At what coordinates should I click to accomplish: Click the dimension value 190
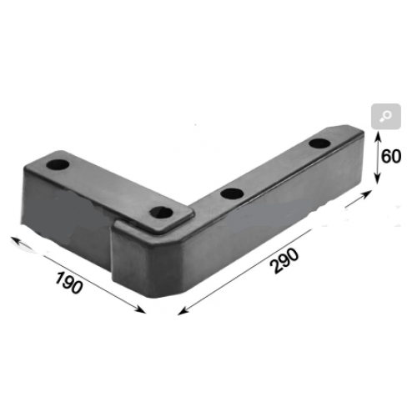pyautogui.click(x=69, y=283)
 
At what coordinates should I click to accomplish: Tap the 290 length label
pyautogui.click(x=285, y=261)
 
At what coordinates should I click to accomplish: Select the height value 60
pyautogui.click(x=391, y=156)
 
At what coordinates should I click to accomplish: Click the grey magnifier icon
pyautogui.click(x=386, y=116)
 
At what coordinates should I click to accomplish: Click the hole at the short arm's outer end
pyautogui.click(x=58, y=165)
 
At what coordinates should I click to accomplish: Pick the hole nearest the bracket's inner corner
pyautogui.click(x=161, y=213)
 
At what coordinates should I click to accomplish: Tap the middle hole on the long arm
pyautogui.click(x=232, y=193)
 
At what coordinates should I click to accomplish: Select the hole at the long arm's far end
pyautogui.click(x=319, y=143)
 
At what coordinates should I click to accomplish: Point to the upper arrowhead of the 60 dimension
pyautogui.click(x=378, y=136)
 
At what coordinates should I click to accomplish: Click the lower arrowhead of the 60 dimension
pyautogui.click(x=377, y=179)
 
